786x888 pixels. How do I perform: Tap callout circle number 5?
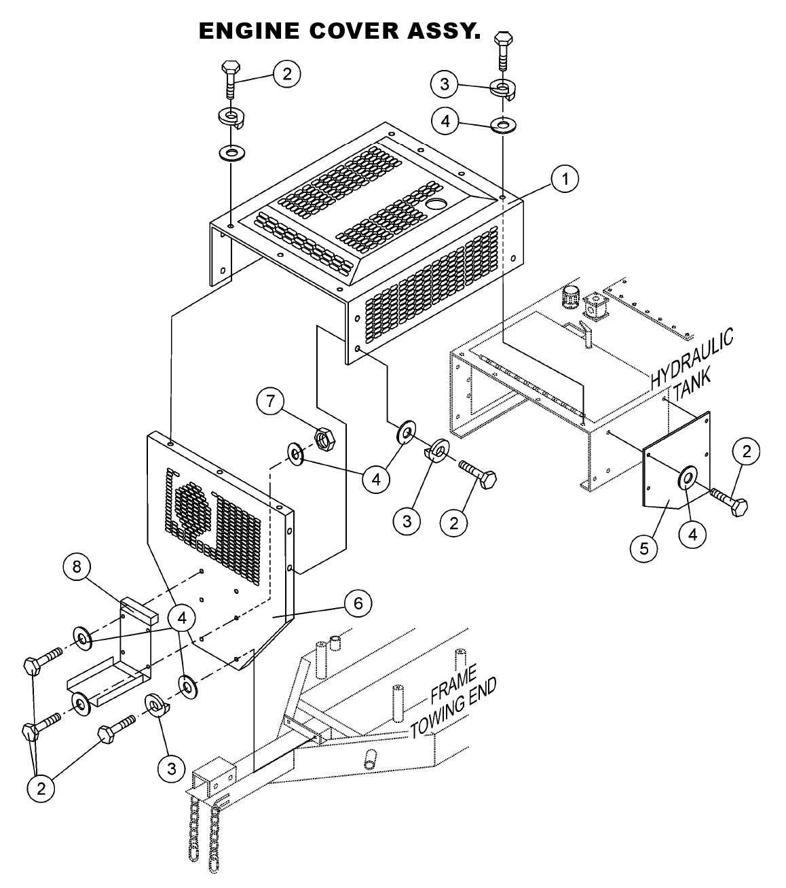click(643, 548)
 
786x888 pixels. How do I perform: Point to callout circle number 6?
click(357, 603)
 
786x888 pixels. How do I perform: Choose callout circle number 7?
click(271, 402)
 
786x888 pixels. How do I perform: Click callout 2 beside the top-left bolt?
click(286, 74)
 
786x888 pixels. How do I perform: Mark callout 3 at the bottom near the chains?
click(171, 768)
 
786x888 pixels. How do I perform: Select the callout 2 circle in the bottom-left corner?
click(41, 789)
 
